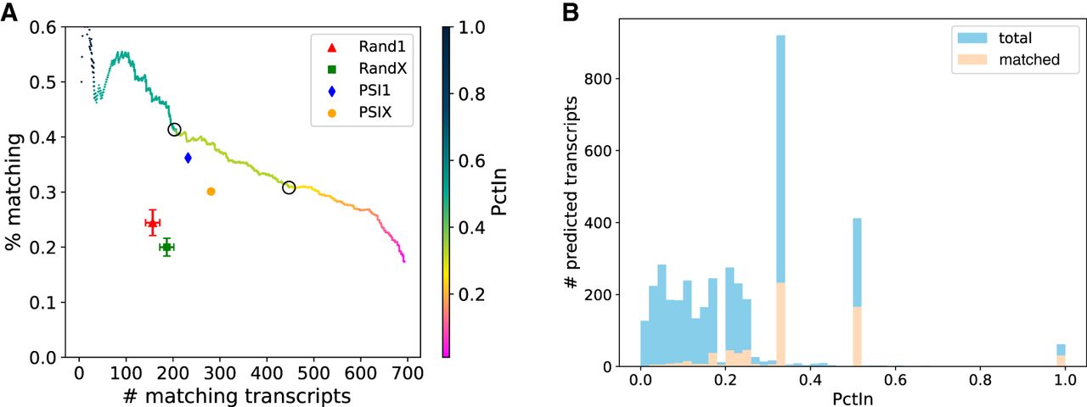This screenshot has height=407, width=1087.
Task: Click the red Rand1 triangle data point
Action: tap(152, 223)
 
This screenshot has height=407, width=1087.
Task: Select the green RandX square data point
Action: tap(167, 247)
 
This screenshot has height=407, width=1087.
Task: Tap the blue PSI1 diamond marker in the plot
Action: tap(188, 158)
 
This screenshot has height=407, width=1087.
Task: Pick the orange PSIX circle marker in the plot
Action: tap(211, 192)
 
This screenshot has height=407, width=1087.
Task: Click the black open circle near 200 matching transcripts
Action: tap(174, 130)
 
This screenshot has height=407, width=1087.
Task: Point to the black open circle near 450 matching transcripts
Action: tap(289, 187)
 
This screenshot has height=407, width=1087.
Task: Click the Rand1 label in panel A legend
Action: tap(382, 47)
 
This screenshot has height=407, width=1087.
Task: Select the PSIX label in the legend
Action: tap(375, 113)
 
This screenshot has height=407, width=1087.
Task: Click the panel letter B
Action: tap(571, 13)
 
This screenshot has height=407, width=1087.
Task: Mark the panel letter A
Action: tap(8, 13)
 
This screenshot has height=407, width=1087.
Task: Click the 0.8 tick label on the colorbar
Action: tap(471, 94)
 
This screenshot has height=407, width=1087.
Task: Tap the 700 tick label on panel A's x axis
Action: tap(408, 374)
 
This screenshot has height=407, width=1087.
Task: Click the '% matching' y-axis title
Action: tap(14, 192)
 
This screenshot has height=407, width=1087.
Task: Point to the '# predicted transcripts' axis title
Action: tap(572, 192)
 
